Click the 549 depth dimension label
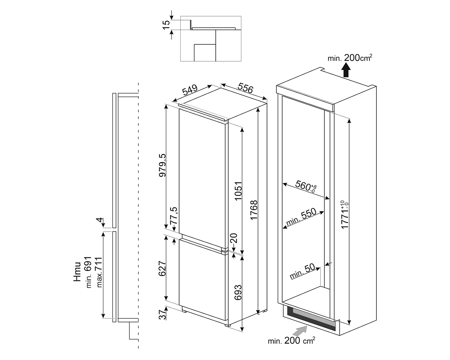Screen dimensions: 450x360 190,90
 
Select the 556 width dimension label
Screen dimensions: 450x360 245,88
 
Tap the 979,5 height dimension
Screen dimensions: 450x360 162,165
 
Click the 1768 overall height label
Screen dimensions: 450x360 254,210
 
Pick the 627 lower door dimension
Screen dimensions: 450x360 162,269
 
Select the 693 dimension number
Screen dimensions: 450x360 238,292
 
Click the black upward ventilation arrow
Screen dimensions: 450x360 346,71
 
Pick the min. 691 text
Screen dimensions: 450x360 89,272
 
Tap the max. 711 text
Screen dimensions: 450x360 99,272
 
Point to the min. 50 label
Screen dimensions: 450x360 302,271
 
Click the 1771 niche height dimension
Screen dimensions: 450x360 345,215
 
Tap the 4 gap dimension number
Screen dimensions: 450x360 100,220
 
